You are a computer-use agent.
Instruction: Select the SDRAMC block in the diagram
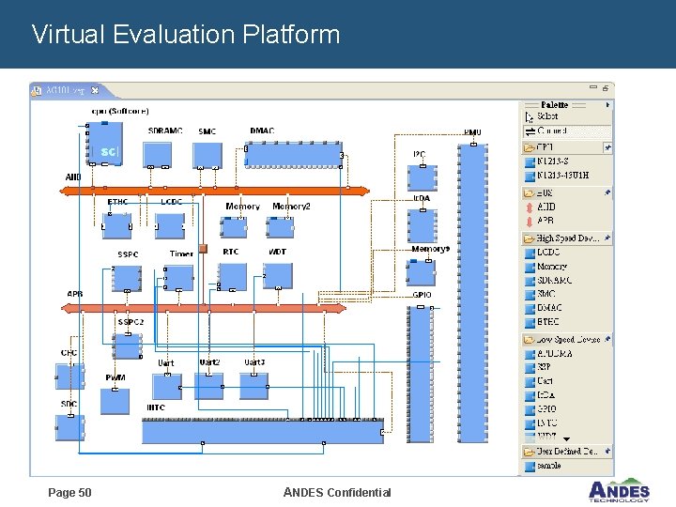coord(157,154)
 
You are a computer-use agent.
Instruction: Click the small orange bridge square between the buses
coord(202,251)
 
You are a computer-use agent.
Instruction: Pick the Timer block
coord(178,277)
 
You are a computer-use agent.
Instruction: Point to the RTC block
coord(232,276)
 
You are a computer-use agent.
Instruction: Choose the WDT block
coord(277,276)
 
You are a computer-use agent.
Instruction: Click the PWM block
coord(115,400)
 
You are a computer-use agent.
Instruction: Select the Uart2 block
coord(208,385)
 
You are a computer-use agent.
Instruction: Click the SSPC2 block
coord(128,346)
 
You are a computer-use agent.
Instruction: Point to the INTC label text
coord(156,407)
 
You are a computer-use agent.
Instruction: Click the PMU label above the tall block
coord(472,132)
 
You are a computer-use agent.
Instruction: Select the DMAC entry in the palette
coord(549,308)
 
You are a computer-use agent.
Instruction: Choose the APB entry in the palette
coord(545,221)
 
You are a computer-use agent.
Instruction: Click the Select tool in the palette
coord(546,116)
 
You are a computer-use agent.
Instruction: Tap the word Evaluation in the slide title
coord(174,35)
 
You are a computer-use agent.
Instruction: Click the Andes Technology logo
coord(619,491)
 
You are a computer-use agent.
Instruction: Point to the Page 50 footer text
coord(69,492)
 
